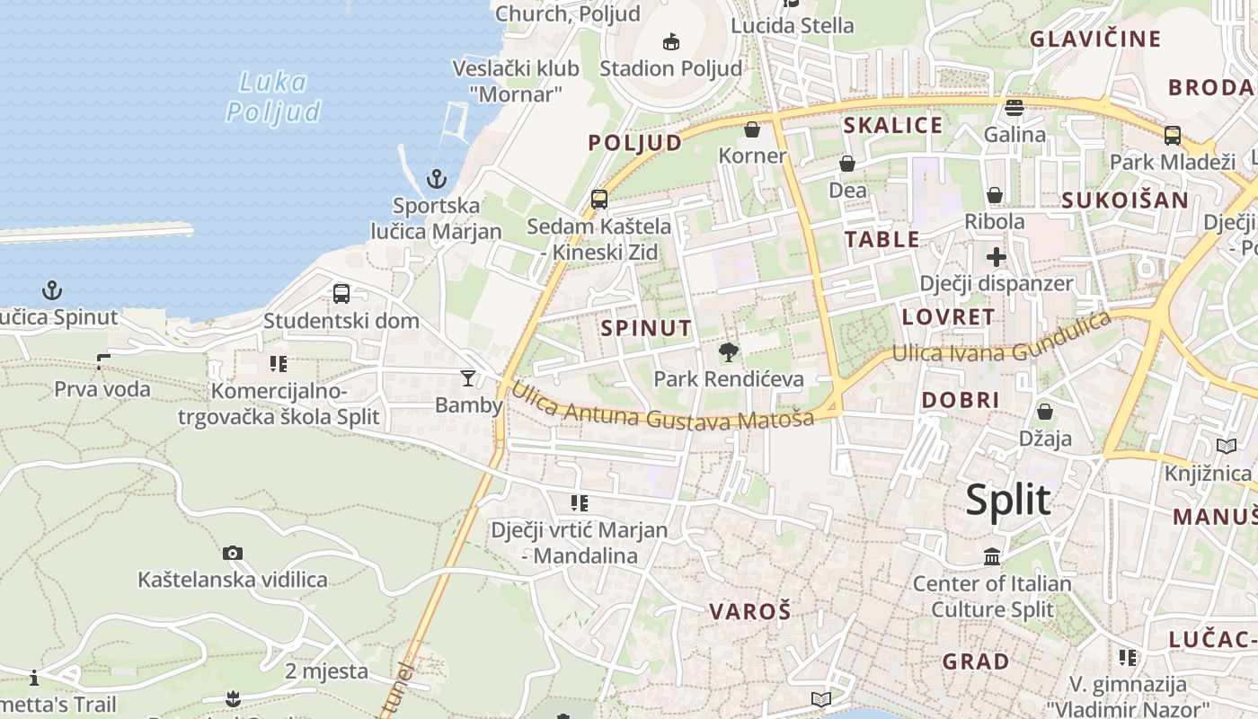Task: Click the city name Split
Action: (x=1008, y=500)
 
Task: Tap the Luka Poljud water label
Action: (x=273, y=96)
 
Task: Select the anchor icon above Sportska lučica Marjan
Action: (x=437, y=178)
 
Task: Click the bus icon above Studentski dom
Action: (x=341, y=293)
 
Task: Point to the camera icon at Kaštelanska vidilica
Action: (x=233, y=553)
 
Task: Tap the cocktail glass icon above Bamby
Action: (x=468, y=378)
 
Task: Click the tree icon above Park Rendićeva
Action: (x=729, y=352)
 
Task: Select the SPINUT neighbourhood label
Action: (x=647, y=328)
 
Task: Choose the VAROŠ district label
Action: (x=750, y=612)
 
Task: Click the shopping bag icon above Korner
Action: (x=752, y=130)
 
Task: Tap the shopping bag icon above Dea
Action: (x=847, y=164)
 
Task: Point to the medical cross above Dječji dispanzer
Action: (x=996, y=258)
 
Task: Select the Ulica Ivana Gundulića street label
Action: (x=1002, y=341)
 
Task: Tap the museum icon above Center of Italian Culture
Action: (x=992, y=557)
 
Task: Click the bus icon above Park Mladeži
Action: (x=1173, y=136)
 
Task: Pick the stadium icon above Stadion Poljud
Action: (x=671, y=41)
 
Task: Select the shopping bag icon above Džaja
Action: (x=1045, y=412)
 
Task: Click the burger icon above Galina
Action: (x=1014, y=108)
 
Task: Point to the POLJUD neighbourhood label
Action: (x=635, y=143)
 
